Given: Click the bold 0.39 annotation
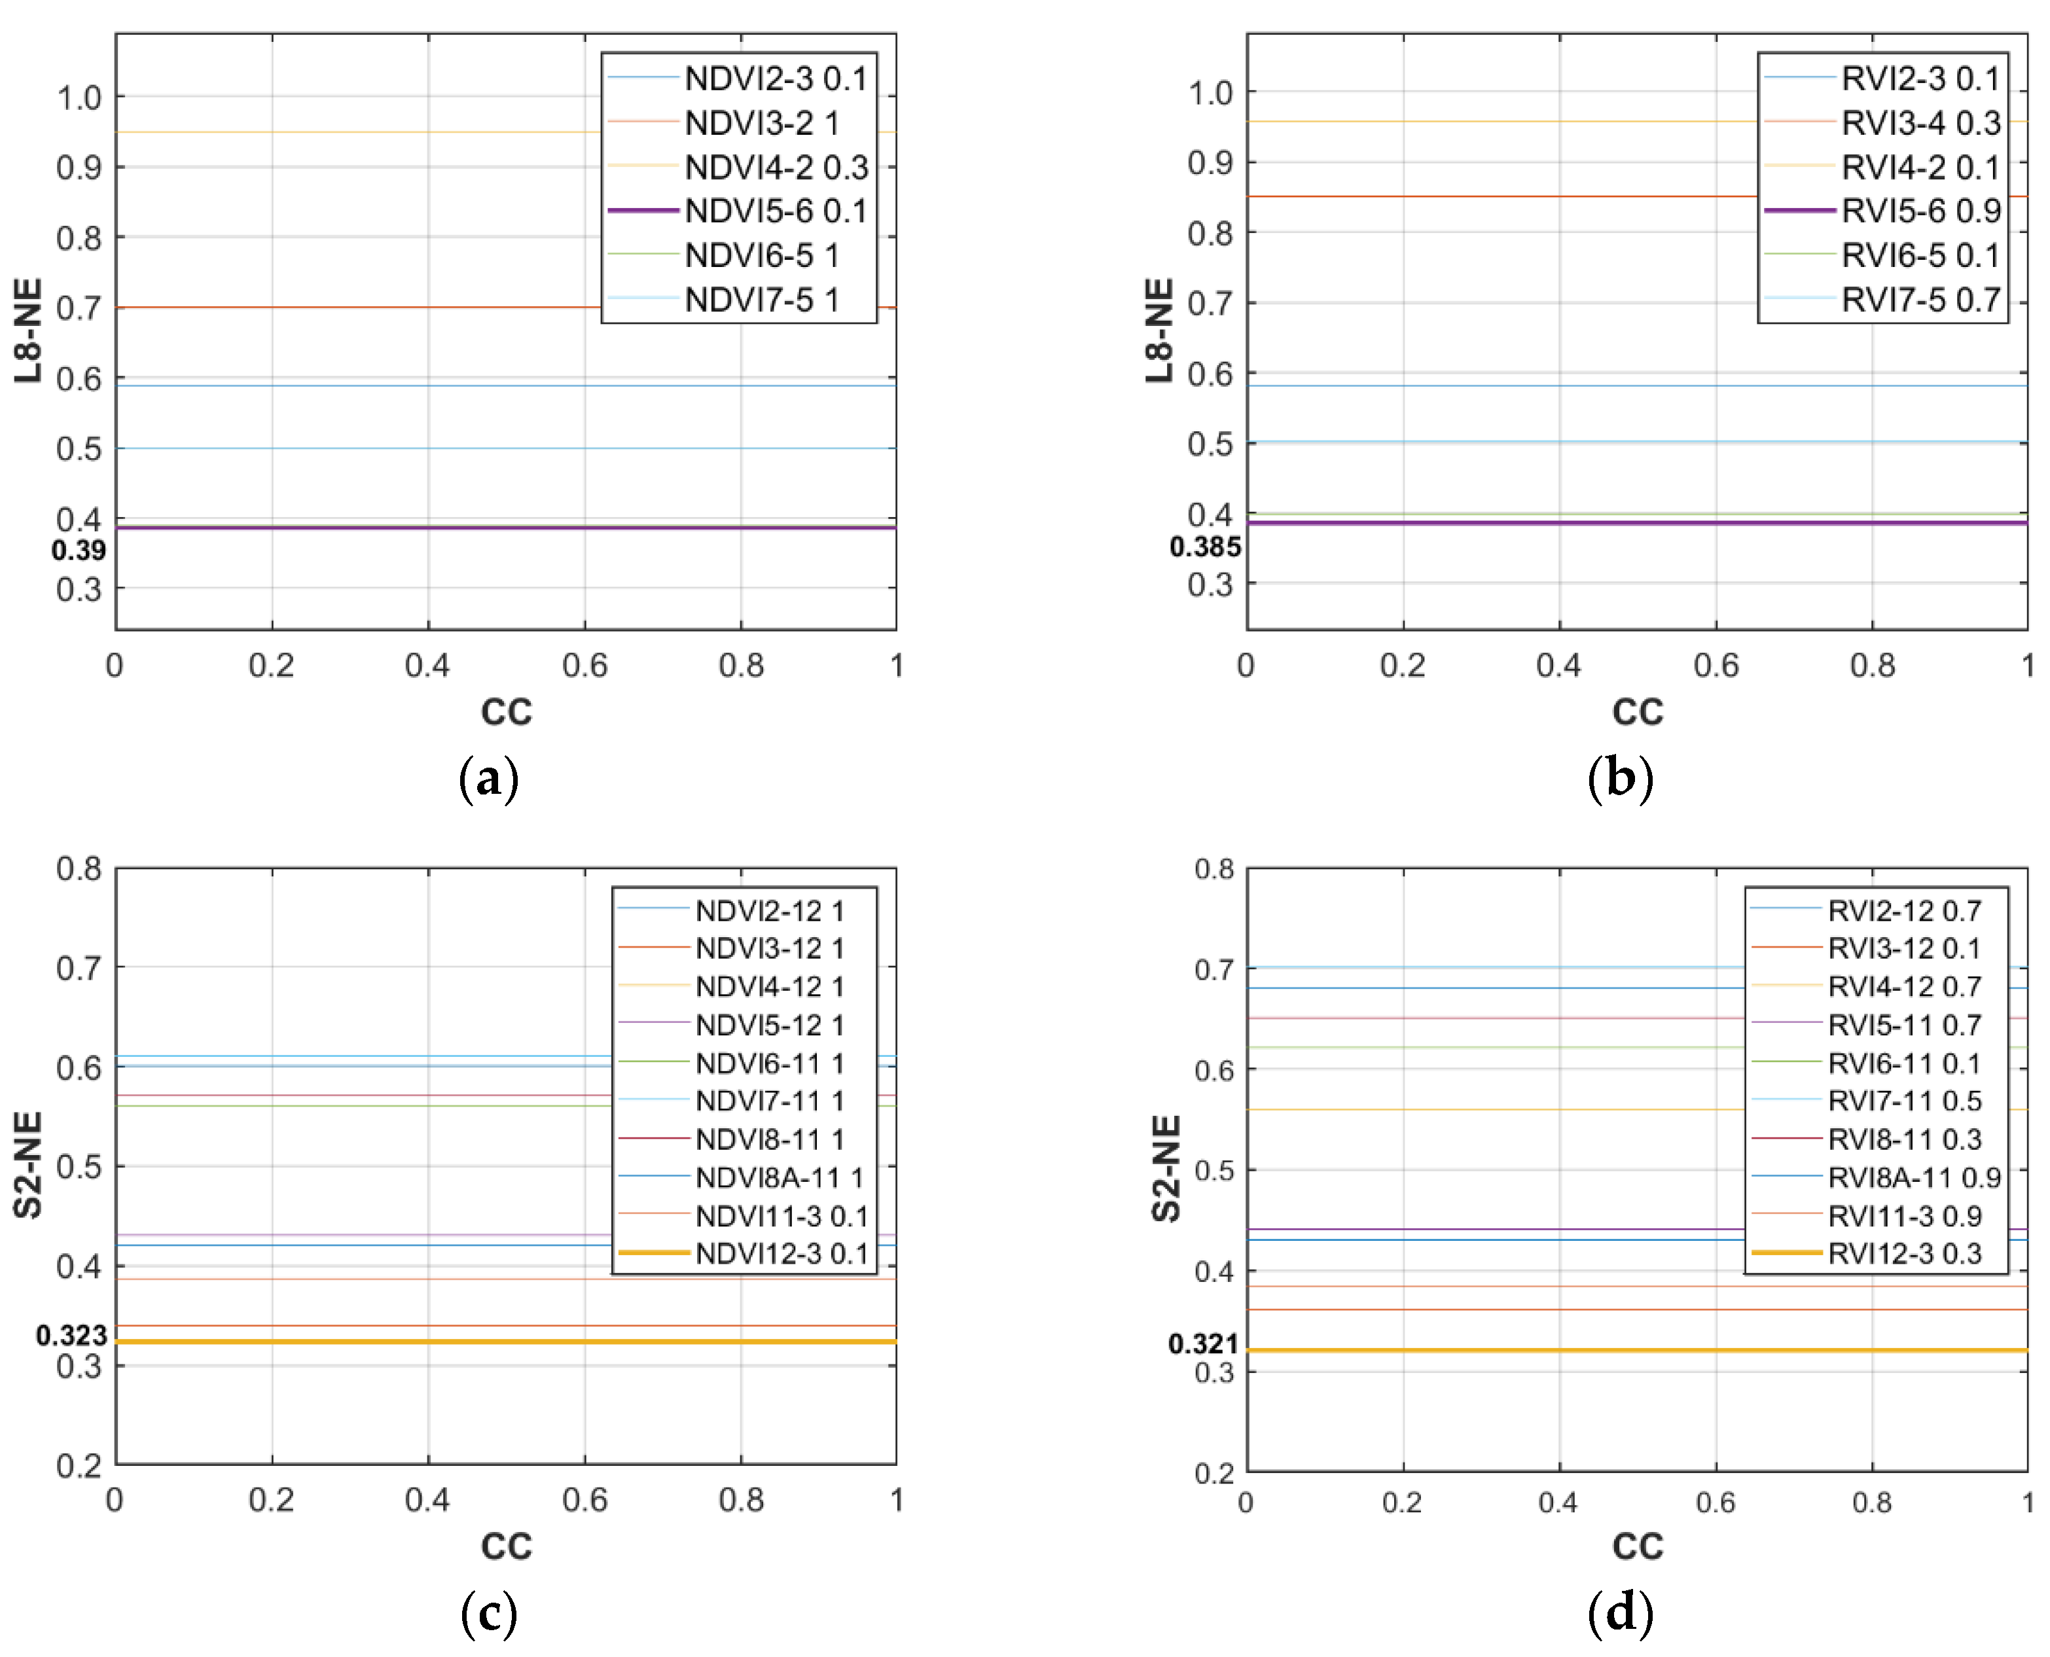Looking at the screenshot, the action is tap(79, 551).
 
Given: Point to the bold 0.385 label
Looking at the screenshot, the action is tap(1205, 548).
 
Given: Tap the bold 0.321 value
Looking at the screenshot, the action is tap(1203, 1344).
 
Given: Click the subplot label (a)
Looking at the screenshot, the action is tap(489, 779).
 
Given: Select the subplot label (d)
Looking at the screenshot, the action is tap(1621, 1613).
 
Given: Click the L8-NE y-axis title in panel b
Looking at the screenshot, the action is tap(1159, 331).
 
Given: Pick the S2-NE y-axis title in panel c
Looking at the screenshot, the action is tap(29, 1166).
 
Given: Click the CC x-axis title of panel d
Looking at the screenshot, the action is tap(1638, 1546).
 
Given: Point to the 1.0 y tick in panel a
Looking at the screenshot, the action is tap(79, 98).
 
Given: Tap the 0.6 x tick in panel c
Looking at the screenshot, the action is tap(584, 1499).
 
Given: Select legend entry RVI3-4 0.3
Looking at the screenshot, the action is tap(1919, 123).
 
